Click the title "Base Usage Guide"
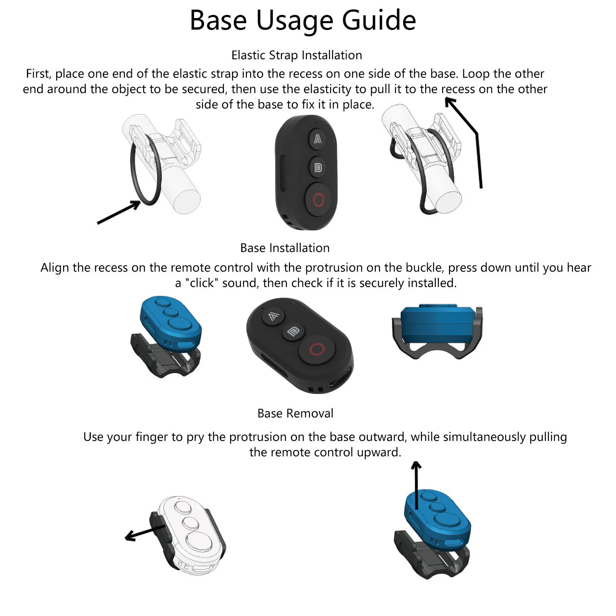(x=303, y=20)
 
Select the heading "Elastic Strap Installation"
(x=297, y=55)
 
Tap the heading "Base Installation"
(x=285, y=248)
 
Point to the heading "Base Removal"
(x=295, y=414)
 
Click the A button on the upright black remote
(x=317, y=139)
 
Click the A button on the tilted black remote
(x=274, y=316)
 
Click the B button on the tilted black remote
(x=293, y=332)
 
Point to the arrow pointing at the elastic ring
(x=119, y=212)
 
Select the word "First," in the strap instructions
(x=39, y=74)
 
